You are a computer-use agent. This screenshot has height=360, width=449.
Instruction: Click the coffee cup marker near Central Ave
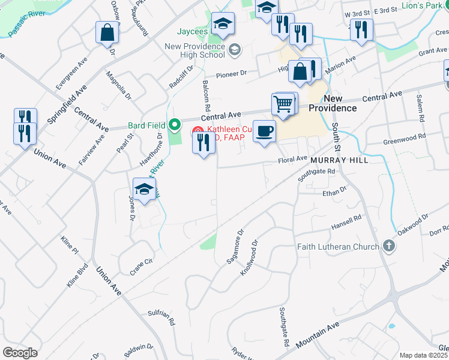point(264,131)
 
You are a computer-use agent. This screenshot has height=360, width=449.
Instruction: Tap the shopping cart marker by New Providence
point(283,105)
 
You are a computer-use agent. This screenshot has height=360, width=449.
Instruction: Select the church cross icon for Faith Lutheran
point(389,246)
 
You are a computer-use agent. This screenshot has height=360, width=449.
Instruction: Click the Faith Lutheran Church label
point(338,247)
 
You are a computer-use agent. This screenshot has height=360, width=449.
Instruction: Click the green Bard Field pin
point(175,125)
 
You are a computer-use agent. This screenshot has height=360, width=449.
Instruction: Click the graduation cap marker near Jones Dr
point(144,190)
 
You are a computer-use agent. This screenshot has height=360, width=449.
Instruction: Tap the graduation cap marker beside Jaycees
point(223,24)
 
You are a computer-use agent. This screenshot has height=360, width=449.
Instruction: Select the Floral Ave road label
point(292,160)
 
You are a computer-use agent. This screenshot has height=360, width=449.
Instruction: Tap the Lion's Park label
point(422,5)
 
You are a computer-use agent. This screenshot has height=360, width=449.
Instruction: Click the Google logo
point(20,352)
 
